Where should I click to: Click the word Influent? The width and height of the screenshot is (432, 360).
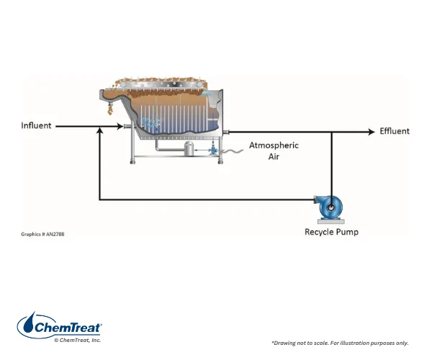(36, 125)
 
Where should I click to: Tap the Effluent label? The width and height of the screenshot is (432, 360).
(395, 131)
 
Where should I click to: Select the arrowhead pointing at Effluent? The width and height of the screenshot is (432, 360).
(372, 132)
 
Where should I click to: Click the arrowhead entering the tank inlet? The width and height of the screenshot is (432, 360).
(120, 127)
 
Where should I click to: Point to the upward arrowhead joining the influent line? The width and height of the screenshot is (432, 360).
(100, 130)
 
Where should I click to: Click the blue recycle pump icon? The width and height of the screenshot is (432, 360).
(329, 209)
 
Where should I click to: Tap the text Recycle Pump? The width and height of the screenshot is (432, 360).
(331, 232)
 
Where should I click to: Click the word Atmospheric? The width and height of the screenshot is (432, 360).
(274, 145)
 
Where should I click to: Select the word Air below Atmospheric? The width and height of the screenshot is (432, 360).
(274, 156)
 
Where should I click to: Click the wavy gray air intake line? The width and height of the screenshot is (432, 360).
(233, 151)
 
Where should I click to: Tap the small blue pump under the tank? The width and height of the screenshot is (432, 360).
(213, 150)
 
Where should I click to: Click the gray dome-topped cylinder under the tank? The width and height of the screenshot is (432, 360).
(189, 148)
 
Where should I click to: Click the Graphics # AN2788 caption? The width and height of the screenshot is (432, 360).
(42, 234)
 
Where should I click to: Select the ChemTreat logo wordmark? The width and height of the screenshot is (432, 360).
(68, 328)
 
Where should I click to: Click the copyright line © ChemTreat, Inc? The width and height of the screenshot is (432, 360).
(78, 340)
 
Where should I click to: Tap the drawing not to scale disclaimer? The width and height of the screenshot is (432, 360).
(340, 343)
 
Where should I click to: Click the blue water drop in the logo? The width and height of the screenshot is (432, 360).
(29, 323)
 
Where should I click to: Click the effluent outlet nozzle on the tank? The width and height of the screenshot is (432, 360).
(226, 132)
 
